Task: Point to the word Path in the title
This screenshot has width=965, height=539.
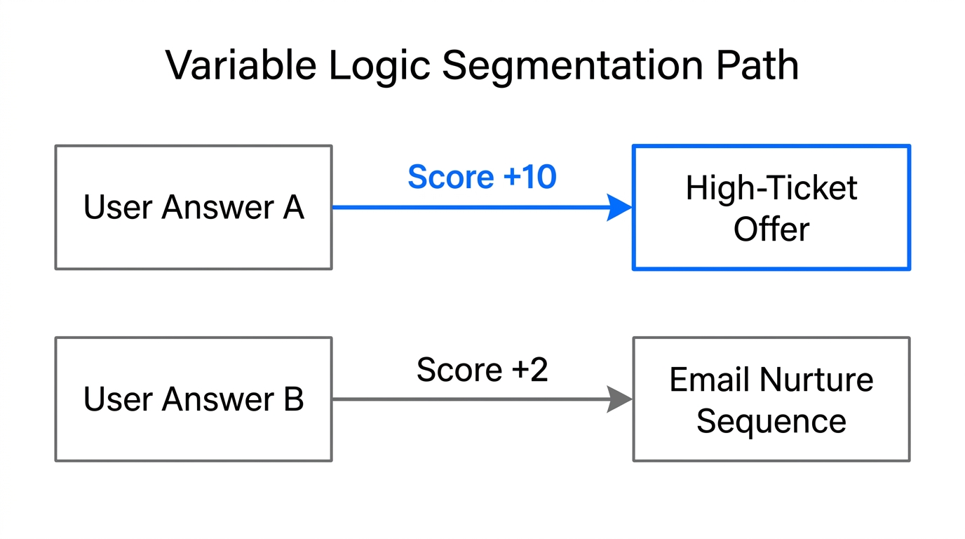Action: click(x=758, y=66)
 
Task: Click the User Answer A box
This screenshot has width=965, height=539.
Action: click(x=194, y=207)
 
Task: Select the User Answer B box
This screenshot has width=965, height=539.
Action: click(x=194, y=399)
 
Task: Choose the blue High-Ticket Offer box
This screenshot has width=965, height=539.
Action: click(x=771, y=207)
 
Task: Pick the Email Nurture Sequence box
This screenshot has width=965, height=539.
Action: click(x=771, y=399)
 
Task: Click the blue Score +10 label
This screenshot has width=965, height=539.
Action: click(x=482, y=177)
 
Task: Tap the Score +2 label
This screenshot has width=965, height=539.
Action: click(x=482, y=370)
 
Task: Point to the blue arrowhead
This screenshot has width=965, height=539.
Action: click(x=619, y=207)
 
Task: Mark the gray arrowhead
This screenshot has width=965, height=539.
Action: click(x=619, y=399)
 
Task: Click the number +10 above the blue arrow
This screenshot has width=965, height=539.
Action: click(x=529, y=177)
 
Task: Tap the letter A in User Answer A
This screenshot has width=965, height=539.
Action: click(x=293, y=208)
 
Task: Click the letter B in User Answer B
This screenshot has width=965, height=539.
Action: click(x=293, y=399)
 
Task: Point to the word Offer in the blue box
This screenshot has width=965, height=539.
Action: click(x=771, y=229)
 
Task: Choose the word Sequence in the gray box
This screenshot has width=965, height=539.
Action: click(x=771, y=421)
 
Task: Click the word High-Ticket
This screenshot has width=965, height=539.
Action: click(x=771, y=188)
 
